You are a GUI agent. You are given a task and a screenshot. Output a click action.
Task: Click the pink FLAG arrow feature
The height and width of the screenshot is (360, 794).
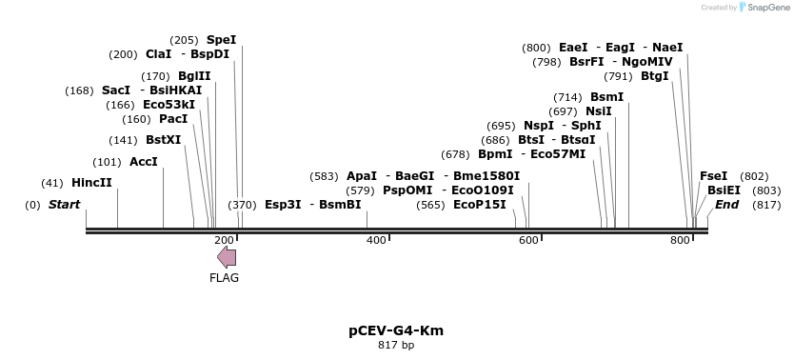pos(227,257)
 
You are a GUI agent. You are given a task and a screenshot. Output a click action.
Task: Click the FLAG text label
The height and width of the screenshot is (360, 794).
pos(225,278)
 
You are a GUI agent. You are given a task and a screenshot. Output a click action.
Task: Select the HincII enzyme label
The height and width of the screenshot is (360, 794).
pos(91,183)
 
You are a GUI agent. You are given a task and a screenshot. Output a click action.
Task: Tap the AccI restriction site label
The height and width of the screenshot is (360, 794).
pos(144,162)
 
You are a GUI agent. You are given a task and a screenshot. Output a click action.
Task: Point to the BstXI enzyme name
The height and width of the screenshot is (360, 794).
pos(163,140)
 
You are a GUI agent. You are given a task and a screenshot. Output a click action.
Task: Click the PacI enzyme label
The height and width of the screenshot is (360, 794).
pos(173,119)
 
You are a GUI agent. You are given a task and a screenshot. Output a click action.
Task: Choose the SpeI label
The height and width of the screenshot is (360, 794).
pos(221,40)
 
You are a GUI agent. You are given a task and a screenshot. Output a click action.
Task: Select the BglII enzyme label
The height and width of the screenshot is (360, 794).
pos(194,76)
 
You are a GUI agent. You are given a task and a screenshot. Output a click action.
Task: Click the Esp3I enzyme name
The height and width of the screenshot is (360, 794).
pos(283,205)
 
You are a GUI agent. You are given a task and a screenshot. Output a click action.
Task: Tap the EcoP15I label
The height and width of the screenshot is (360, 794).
pos(480,205)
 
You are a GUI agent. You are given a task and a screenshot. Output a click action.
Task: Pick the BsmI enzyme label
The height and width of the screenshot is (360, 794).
pos(607,97)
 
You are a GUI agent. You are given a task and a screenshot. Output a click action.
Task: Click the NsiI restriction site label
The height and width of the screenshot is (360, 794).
pos(599,111)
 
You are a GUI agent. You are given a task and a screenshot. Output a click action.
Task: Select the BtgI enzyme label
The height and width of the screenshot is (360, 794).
pos(655,76)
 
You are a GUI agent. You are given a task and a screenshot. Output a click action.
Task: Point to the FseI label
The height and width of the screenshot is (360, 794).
pos(713,176)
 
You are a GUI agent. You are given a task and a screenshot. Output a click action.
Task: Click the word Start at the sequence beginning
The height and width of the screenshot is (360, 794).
pos(64,205)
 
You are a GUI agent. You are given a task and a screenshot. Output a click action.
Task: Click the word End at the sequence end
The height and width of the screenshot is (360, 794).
pos(726,205)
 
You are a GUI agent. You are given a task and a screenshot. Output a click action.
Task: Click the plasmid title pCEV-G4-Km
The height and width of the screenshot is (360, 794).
pos(396,331)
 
